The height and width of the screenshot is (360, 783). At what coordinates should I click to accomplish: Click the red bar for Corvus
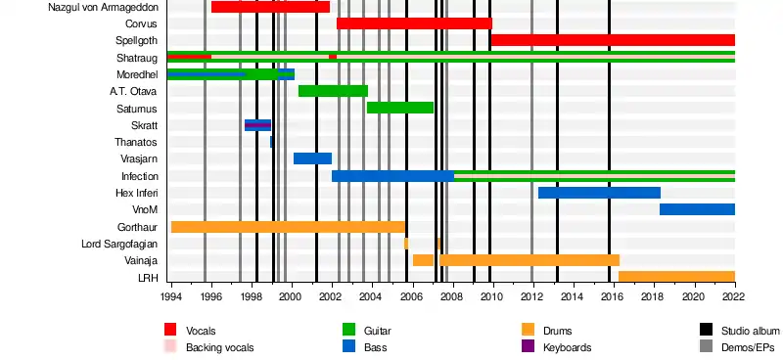(414, 23)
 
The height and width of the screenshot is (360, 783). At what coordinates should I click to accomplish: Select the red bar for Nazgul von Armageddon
(271, 7)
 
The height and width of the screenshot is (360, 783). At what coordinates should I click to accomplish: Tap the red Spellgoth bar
(614, 40)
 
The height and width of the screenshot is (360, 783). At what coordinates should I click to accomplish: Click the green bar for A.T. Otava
(333, 91)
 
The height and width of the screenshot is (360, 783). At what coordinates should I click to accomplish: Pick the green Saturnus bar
(400, 108)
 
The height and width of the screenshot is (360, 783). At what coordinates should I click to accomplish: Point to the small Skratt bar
(257, 125)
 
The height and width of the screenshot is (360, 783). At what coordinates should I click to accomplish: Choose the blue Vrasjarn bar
(312, 158)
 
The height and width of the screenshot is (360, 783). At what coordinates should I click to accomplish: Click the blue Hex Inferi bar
(599, 193)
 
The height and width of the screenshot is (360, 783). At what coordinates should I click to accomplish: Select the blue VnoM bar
(697, 209)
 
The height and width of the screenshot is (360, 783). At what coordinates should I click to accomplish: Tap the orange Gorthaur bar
(288, 227)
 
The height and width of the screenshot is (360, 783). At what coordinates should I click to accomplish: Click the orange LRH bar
(676, 277)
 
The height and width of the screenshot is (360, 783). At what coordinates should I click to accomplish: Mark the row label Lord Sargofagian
(119, 245)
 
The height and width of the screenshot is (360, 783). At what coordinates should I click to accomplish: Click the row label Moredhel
(137, 75)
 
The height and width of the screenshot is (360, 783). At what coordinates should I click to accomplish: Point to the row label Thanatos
(135, 142)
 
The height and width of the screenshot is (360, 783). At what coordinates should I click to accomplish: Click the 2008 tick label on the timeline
(453, 296)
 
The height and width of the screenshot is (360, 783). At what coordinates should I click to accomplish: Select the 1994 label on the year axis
(171, 296)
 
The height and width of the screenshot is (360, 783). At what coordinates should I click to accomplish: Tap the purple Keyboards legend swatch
(528, 346)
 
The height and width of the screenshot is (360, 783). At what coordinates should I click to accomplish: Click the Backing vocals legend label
(219, 347)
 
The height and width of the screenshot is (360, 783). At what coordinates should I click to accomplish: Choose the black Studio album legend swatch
(706, 330)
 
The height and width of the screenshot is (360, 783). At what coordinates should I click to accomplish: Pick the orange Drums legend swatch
(528, 330)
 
